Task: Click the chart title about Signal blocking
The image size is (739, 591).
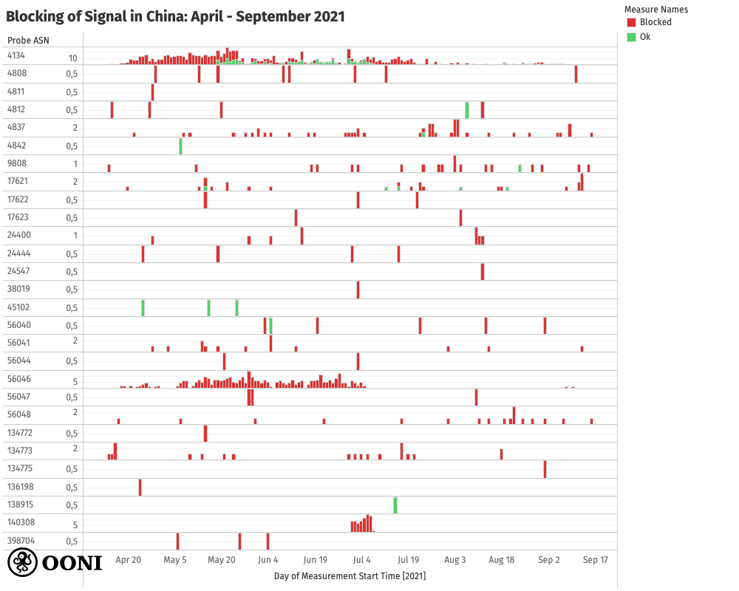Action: click(175, 16)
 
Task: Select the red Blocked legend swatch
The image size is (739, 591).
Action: click(631, 22)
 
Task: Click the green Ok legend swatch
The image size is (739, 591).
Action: click(631, 37)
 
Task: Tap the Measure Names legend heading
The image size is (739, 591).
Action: click(656, 10)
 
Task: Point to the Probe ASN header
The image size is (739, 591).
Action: click(28, 40)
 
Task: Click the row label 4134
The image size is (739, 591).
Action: click(16, 55)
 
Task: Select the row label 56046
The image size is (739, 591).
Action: click(18, 379)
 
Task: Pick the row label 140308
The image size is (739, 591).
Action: click(20, 522)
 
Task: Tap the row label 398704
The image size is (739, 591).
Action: click(20, 540)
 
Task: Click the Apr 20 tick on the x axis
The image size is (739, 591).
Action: click(129, 560)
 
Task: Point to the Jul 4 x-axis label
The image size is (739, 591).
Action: click(362, 560)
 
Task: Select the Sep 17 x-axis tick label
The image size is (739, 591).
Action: click(595, 560)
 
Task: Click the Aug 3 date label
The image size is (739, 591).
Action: click(455, 560)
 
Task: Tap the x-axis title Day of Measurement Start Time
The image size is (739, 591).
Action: click(350, 575)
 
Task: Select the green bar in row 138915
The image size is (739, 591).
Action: click(395, 505)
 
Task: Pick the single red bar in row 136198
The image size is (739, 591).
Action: click(140, 488)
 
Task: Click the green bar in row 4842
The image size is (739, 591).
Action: click(180, 146)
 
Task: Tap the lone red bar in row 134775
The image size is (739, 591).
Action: click(545, 469)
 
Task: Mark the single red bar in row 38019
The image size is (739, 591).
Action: click(358, 290)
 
